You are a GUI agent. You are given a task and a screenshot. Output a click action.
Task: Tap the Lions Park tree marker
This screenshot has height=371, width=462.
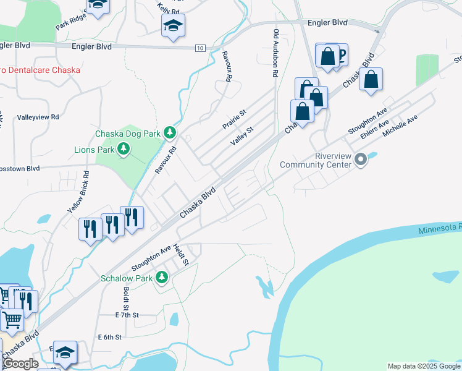pos(124,149)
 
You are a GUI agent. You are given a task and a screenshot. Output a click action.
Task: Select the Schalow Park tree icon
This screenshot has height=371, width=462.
pos(162,278)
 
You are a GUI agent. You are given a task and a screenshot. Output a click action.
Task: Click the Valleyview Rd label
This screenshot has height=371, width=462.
pos(38,116)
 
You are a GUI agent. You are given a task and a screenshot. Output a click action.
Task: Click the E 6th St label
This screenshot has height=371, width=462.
pos(109,337)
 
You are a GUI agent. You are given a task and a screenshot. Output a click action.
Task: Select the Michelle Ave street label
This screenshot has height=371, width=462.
pos(400,126)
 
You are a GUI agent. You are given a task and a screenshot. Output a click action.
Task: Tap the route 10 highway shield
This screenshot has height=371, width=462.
pos(199,48)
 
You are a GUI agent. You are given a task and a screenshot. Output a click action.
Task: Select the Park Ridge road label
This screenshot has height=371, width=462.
pos(70,23)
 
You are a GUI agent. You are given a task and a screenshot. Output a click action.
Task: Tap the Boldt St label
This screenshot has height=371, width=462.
pos(125,298)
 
